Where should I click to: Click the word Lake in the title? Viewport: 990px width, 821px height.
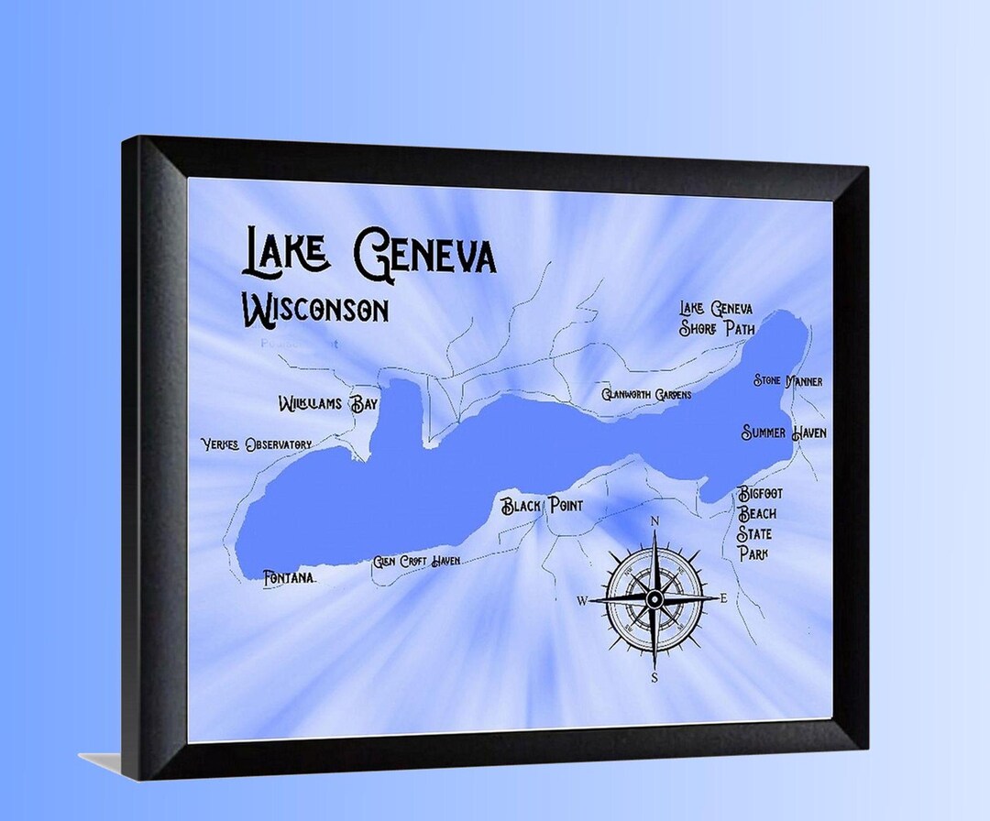coord(285,252)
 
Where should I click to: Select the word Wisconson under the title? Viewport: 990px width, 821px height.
coord(314,309)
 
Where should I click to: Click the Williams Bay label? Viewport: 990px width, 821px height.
coord(327,404)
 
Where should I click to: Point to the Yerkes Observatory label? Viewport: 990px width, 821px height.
coord(257,444)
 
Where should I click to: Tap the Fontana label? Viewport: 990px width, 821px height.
coord(289,578)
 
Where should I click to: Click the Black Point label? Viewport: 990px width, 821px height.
coord(541,506)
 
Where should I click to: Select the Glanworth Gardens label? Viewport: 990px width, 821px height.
coord(646,395)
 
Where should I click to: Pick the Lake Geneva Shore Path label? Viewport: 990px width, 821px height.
coord(716,318)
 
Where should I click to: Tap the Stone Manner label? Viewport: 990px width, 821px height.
coord(787,380)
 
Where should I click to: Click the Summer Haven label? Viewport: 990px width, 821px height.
coord(784,432)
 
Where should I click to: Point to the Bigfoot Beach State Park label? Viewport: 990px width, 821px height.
coord(760,523)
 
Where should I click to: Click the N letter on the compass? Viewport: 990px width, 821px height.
coord(654,522)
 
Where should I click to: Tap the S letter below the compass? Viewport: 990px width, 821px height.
coord(654,678)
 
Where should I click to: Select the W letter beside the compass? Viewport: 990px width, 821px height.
coord(581,601)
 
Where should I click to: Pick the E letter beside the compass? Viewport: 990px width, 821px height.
coord(724,598)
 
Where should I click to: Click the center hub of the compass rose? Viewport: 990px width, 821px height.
coord(654,599)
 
